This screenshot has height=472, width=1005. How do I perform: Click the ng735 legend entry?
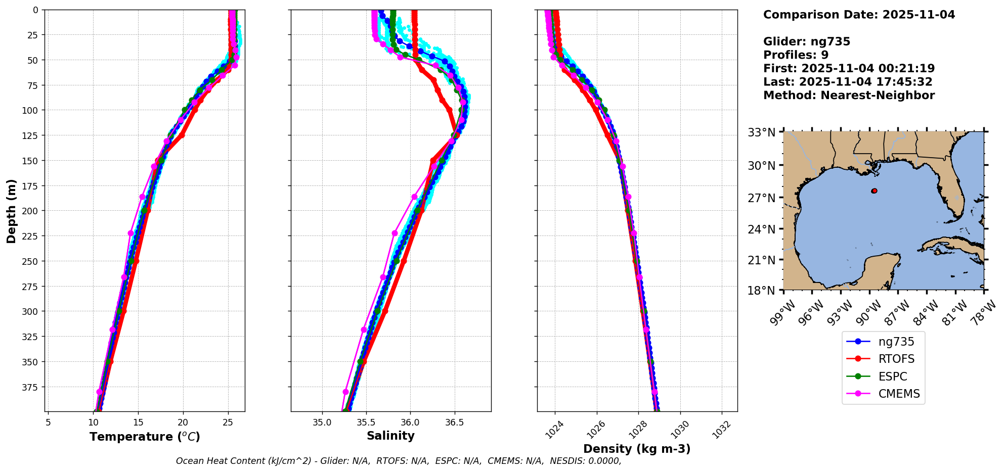pos(896,342)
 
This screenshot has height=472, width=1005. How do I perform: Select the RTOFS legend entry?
pos(896,359)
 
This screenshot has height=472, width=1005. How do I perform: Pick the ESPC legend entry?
pos(892,376)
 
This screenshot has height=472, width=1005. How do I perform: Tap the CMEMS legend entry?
pos(899,394)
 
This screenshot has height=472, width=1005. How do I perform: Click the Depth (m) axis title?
pos(11,211)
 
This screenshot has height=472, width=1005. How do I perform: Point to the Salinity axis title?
pos(390,436)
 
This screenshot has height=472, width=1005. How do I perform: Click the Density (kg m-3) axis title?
pos(637,449)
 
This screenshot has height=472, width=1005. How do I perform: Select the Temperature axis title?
pos(145,437)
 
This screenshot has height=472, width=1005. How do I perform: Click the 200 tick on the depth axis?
pos(31,211)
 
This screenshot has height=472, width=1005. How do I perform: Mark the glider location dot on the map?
pos(874,191)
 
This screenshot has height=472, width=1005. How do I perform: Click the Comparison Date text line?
pos(859,15)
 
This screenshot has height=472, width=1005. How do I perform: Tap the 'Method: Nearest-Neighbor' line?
pos(849,96)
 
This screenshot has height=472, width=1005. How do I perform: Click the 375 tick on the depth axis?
pos(31,387)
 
